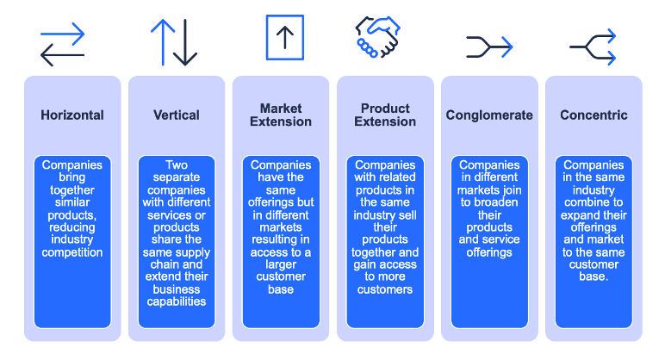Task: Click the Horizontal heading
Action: [72, 115]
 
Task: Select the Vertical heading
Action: [177, 115]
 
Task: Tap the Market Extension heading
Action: [281, 115]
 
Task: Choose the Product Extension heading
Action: [385, 115]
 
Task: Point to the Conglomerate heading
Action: [489, 115]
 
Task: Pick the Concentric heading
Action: [594, 115]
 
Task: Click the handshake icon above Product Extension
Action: [380, 38]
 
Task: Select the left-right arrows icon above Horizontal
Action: [63, 45]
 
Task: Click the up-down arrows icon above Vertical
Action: [174, 43]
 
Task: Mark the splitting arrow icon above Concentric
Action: [594, 47]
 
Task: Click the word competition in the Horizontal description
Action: [72, 252]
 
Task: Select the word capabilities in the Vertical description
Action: [177, 301]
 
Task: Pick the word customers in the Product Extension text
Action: [385, 289]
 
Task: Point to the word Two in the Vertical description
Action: [177, 164]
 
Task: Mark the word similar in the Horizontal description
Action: [72, 202]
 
